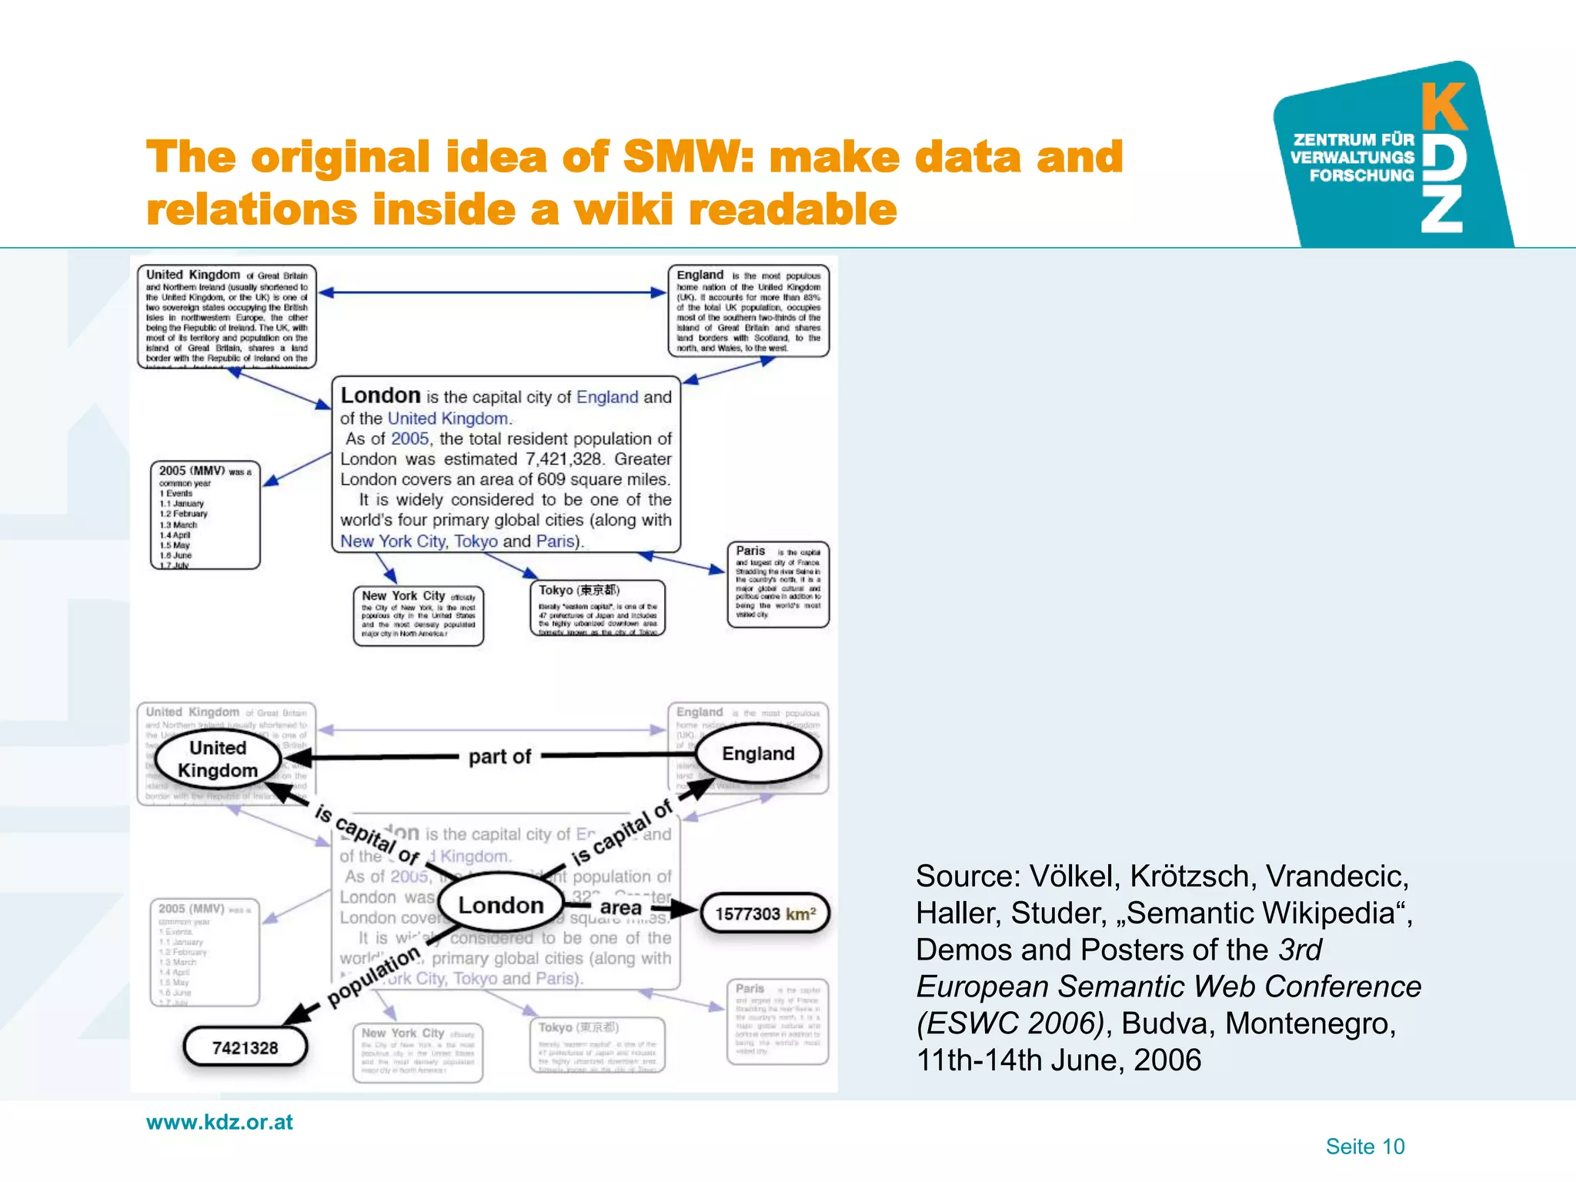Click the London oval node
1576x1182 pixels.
pos(501,906)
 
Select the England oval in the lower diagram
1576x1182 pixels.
pos(758,754)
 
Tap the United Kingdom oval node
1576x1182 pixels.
pos(218,760)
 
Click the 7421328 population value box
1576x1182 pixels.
pos(245,1048)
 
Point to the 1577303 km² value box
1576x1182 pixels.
pos(765,914)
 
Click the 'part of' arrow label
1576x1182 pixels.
pos(499,757)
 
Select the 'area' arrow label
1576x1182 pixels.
pos(620,908)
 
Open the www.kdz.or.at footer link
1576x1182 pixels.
pos(219,1122)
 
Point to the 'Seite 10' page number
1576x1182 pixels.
pos(1364,1147)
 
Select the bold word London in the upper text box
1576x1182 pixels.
pos(380,396)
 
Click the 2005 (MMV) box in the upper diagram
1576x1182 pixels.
pos(205,516)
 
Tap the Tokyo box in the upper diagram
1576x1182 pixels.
pos(597,608)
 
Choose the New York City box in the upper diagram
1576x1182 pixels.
pos(418,616)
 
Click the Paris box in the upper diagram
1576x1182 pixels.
pos(777,584)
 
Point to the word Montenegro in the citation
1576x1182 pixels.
pos(1310,1023)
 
